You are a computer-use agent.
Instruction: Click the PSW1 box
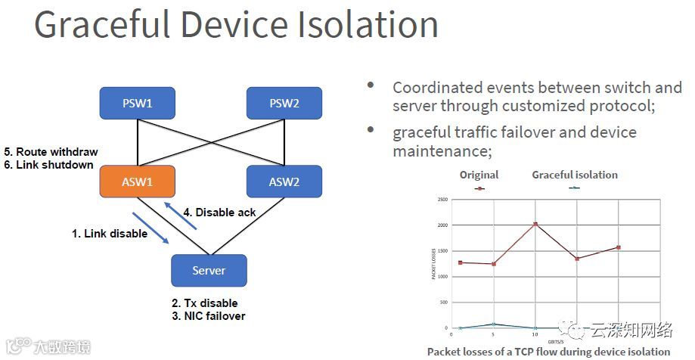coord(138,103)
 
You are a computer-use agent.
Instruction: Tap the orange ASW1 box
coord(138,182)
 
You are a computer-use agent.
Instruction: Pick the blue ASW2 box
coord(284,182)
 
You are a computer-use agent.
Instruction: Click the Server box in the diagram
coord(209,270)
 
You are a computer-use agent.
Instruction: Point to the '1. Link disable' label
coord(110,234)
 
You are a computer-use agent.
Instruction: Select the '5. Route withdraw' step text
coord(51,152)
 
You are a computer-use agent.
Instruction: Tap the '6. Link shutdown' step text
coord(48,165)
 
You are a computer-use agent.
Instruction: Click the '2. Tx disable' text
coord(205,303)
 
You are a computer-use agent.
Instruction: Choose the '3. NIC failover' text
coord(209,316)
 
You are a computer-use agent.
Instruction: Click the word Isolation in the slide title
coord(364,24)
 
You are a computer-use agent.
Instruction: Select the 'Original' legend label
coord(479,175)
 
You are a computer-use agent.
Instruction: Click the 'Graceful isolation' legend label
coord(575,175)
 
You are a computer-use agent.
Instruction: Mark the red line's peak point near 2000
coord(535,224)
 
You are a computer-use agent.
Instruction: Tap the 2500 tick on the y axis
coord(443,199)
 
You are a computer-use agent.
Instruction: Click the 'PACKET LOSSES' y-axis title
coord(434,263)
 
